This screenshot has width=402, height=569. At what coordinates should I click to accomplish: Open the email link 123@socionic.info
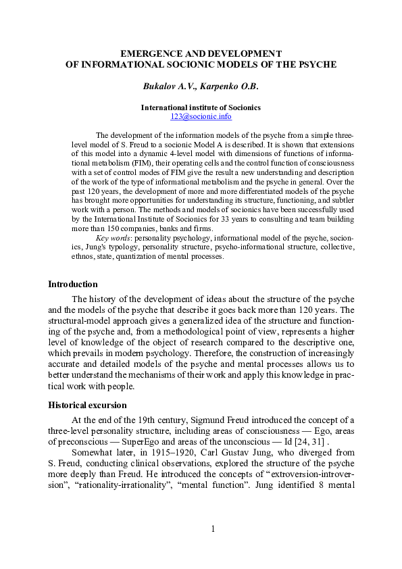pyautogui.click(x=201, y=116)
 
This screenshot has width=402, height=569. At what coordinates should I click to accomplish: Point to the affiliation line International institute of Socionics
pyautogui.click(x=201, y=107)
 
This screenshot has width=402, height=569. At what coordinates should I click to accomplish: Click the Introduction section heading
pyautogui.click(x=72, y=284)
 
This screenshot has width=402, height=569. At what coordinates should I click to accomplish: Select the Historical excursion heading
pyautogui.click(x=87, y=405)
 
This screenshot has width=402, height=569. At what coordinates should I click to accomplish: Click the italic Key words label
pyautogui.click(x=111, y=239)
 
